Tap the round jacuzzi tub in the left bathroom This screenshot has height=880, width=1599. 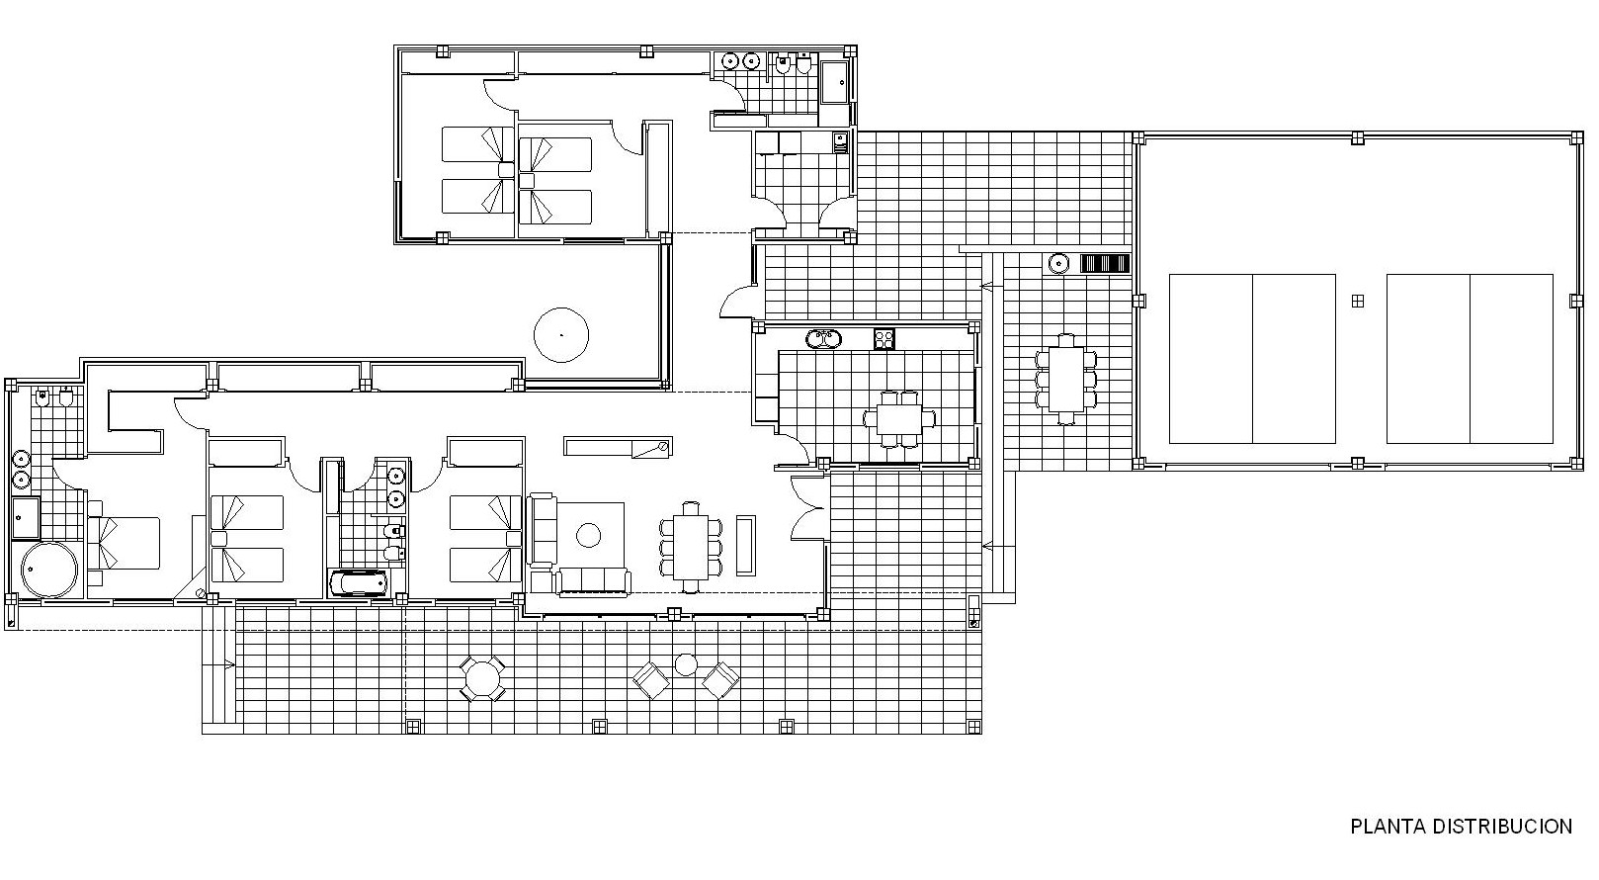(49, 570)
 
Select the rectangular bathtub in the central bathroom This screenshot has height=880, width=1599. (358, 582)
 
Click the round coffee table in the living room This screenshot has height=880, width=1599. (589, 535)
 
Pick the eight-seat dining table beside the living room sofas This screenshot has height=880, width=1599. (690, 547)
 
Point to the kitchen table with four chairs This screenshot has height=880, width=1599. (899, 418)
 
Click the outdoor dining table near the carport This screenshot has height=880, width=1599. (1065, 380)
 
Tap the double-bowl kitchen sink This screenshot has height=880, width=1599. (824, 338)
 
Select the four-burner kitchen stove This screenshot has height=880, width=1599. (884, 338)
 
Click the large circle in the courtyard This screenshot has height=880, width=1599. (561, 335)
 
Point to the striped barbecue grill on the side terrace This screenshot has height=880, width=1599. (1105, 264)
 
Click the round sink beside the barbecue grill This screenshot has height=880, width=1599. (1058, 264)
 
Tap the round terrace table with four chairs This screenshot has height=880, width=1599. (482, 679)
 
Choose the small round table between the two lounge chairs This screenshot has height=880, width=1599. (686, 665)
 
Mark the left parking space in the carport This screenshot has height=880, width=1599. (1252, 359)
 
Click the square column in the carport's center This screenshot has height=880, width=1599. (1358, 302)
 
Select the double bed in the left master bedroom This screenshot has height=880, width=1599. (124, 543)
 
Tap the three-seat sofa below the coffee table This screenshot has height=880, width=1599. (593, 581)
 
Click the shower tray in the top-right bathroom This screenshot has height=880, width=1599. (834, 82)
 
